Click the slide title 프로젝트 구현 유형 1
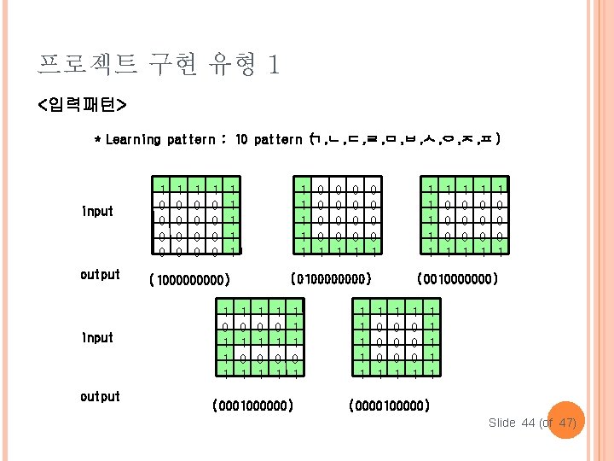(159, 63)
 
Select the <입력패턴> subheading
(82, 105)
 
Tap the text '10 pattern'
(268, 139)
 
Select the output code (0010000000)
(457, 278)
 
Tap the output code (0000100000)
(389, 406)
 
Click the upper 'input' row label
(97, 211)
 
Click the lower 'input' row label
(97, 337)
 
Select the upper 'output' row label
(100, 274)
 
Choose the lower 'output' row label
(100, 396)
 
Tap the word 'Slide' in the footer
(503, 423)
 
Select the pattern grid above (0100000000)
(337, 217)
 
